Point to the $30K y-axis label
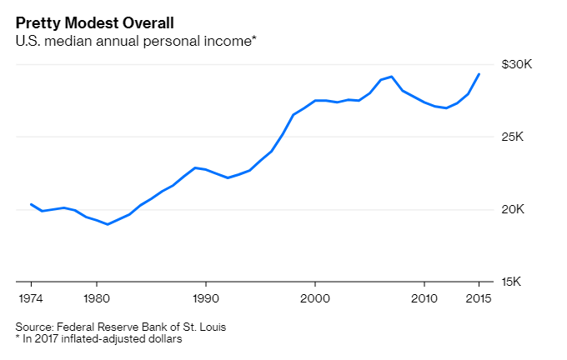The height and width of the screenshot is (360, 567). coord(517,65)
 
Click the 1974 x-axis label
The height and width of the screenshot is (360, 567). coord(31,297)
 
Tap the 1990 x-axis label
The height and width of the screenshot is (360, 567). coord(205,297)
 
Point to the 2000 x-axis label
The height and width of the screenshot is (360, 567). coord(314,297)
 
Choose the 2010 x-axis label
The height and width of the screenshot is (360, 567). coord(424,297)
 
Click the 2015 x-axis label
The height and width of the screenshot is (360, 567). coord(479,297)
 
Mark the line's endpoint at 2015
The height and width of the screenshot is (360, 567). coord(479,74)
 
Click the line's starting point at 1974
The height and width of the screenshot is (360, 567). coord(31,204)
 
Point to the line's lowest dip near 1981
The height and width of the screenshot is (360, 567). coord(108,224)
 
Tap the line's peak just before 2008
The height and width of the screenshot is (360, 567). coord(392,77)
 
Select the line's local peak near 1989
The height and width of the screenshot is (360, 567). coord(194,167)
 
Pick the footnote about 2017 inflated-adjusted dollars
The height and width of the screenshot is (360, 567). coord(98,339)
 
